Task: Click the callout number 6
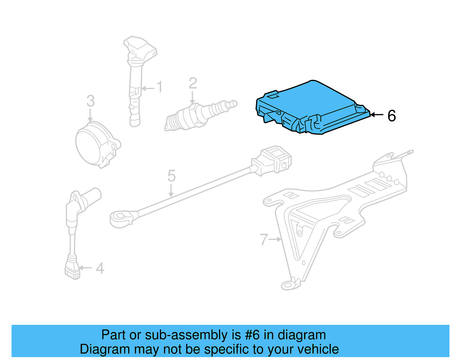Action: pyautogui.click(x=392, y=116)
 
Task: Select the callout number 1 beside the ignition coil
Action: pyautogui.click(x=159, y=87)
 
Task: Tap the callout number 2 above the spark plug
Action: pyautogui.click(x=193, y=83)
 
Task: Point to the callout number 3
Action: pyautogui.click(x=90, y=101)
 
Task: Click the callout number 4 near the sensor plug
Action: pyautogui.click(x=100, y=268)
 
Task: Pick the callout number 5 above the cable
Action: pyautogui.click(x=171, y=176)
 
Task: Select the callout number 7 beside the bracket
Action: pyautogui.click(x=264, y=240)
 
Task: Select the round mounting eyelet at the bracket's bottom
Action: pyautogui.click(x=288, y=286)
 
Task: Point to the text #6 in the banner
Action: pyautogui.click(x=252, y=335)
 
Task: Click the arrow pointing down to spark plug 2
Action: pyautogui.click(x=192, y=98)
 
